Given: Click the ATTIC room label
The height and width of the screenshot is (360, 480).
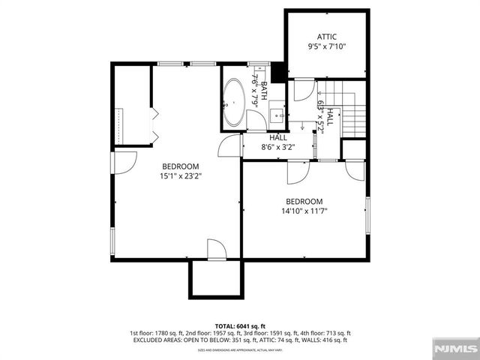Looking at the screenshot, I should click(326, 37).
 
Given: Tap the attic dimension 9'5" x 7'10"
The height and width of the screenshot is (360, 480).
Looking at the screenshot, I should click(326, 46).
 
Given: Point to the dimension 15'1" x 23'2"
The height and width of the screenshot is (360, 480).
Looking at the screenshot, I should click(180, 176).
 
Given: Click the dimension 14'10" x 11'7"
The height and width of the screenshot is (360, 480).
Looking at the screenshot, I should click(304, 211).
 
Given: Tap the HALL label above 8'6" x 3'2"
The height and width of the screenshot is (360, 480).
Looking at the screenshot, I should click(278, 137).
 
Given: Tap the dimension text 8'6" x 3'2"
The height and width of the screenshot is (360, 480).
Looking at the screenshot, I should click(278, 147).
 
